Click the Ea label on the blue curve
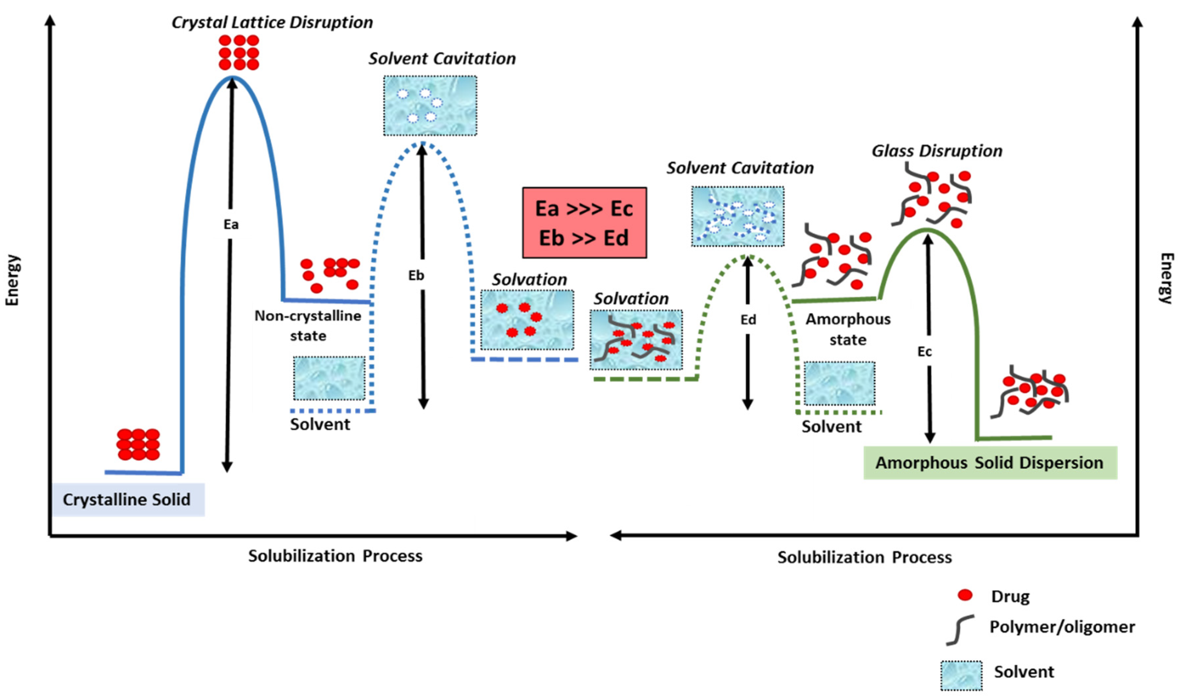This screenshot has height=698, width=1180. click(x=231, y=224)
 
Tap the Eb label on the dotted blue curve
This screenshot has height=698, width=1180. click(x=416, y=275)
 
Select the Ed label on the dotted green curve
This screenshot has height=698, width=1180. click(x=748, y=320)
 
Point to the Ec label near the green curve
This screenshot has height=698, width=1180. click(x=924, y=351)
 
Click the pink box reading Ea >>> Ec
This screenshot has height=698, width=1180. click(x=584, y=222)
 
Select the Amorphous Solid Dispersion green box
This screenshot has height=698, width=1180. click(x=989, y=463)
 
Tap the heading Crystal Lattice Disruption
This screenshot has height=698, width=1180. click(x=272, y=22)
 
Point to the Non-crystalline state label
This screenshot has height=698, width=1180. click(x=308, y=326)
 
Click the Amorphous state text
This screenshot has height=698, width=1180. click(x=848, y=329)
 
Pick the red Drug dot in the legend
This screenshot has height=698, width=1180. click(x=965, y=595)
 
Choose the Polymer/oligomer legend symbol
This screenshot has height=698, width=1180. click(x=960, y=629)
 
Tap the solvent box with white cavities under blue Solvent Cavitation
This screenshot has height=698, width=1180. click(x=430, y=106)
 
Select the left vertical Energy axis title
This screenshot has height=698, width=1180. click(x=12, y=280)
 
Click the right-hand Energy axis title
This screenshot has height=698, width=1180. click(x=1166, y=279)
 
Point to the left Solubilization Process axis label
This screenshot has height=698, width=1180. click(x=335, y=556)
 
